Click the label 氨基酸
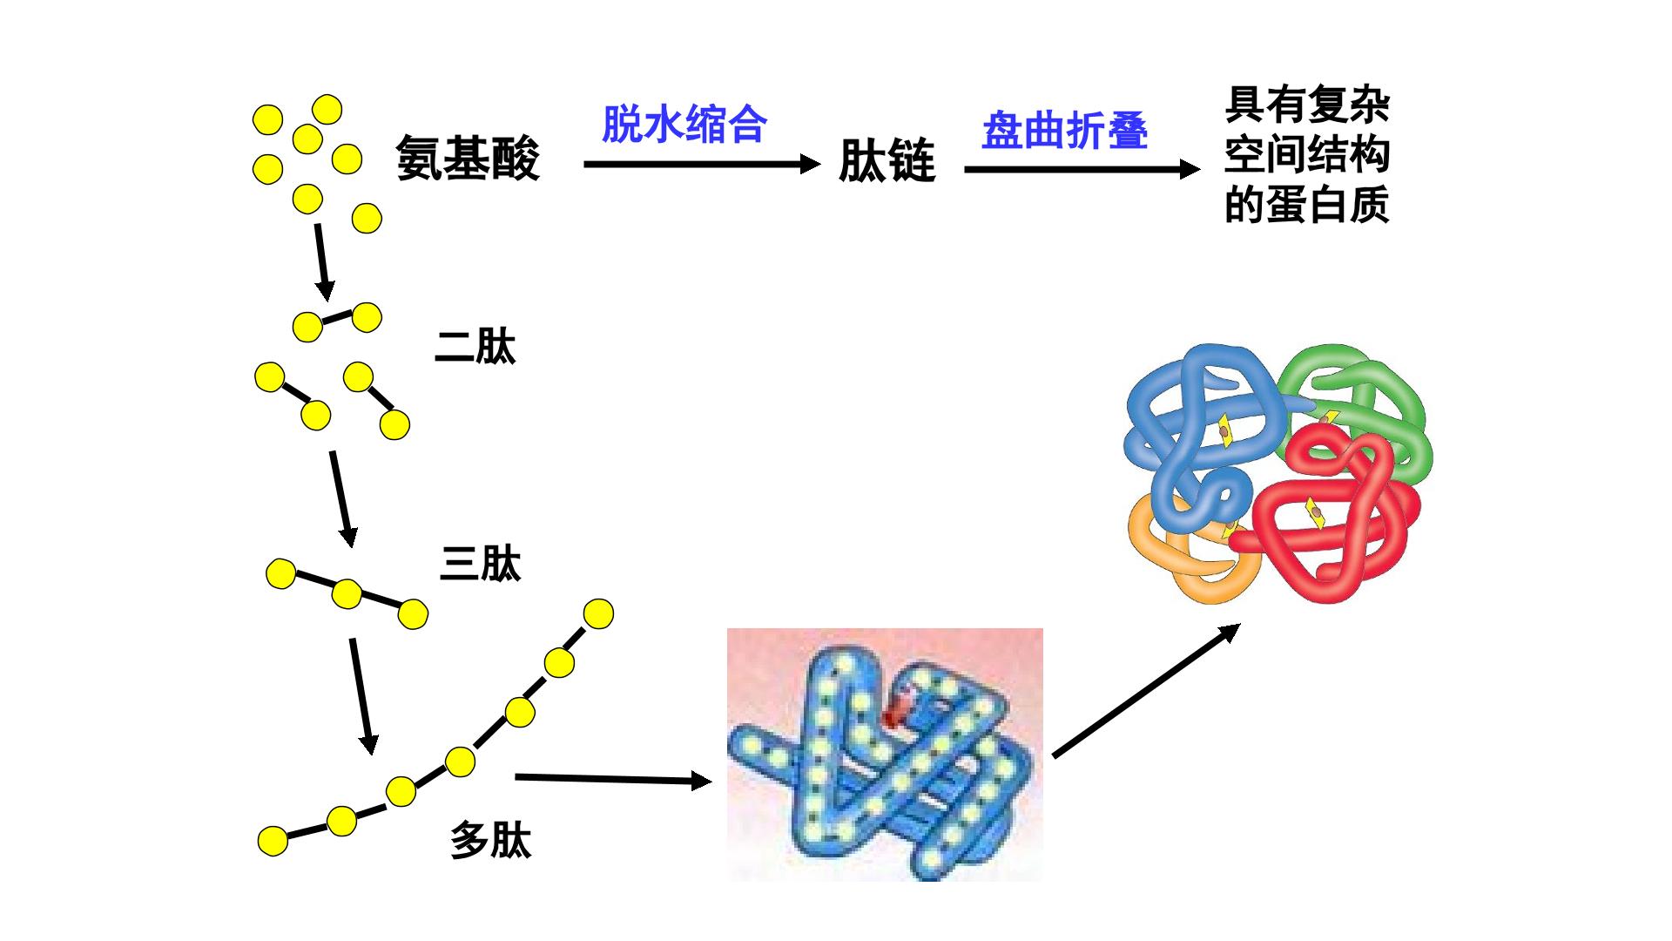pos(468,158)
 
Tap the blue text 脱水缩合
pos(684,125)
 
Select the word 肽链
pos(887,161)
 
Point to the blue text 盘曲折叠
pos(1065,131)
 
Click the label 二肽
pos(475,346)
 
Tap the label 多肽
pos(490,841)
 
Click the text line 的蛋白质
pos(1306,206)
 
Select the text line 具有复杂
pos(1306,105)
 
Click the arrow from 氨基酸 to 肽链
pos(702,164)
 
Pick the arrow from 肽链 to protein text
pos(1082,169)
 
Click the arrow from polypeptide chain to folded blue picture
pos(614,778)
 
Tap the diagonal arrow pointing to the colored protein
pos(1147,690)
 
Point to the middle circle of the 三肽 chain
pos(347,594)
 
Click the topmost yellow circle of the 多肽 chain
pos(598,613)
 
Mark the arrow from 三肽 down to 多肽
pos(361,696)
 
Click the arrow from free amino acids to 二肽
pos(322,261)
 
